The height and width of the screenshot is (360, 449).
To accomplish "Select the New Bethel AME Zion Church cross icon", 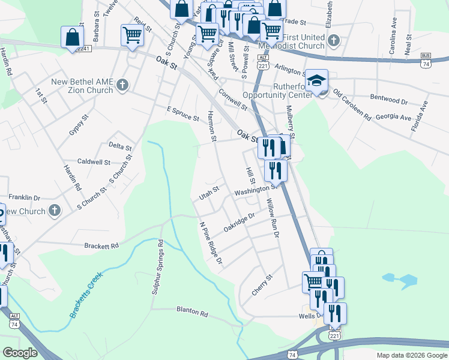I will pos(122,85).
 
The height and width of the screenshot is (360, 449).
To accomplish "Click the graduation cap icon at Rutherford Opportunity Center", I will pos(316,81).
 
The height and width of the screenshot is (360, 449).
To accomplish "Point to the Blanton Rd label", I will pos(191,313).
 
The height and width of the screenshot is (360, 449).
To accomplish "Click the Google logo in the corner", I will pos(20,352).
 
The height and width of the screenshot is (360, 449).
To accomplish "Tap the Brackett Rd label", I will pos(101,246).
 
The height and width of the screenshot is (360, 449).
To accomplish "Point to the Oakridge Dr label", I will pos(240,222).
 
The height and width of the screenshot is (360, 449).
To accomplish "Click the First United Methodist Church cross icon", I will pos(334,41).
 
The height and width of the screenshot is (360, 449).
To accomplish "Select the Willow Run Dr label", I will pos(273,218).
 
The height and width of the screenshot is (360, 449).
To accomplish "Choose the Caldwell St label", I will pos(94,162).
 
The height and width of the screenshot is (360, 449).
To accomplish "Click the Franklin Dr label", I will pos(24,197).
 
